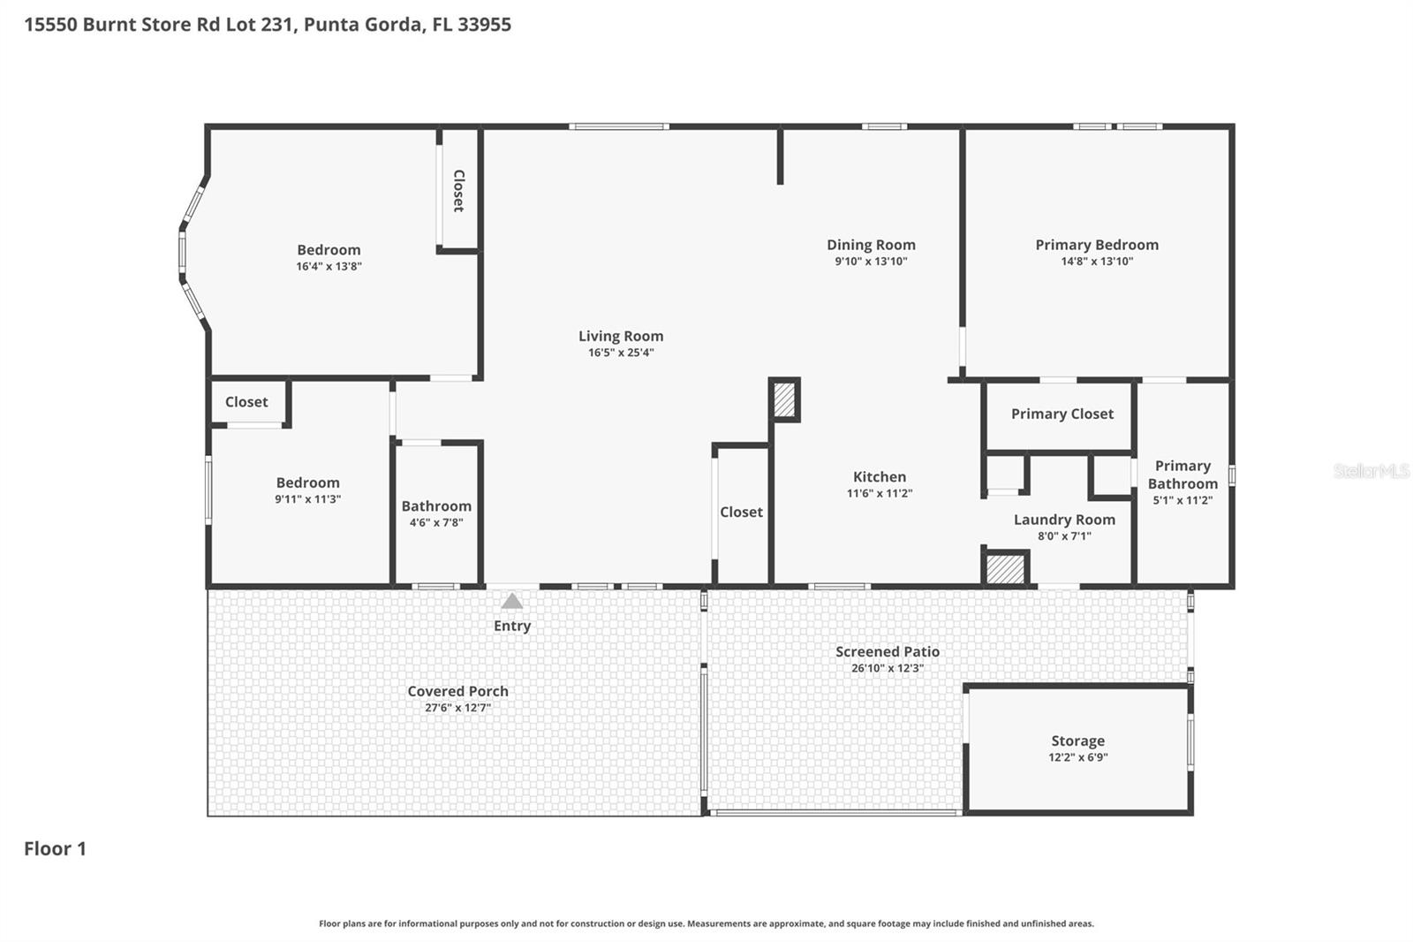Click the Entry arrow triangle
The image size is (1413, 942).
pyautogui.click(x=512, y=602)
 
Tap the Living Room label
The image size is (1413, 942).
pyautogui.click(x=621, y=336)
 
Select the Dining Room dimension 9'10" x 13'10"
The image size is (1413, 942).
pyautogui.click(x=871, y=262)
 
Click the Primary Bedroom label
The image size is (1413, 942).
pyautogui.click(x=1097, y=245)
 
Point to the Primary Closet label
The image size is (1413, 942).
pyautogui.click(x=1062, y=414)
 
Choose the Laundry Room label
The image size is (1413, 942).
pyautogui.click(x=1064, y=520)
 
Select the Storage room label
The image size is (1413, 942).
pyautogui.click(x=1077, y=741)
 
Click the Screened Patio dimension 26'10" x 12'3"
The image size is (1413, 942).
pyautogui.click(x=888, y=668)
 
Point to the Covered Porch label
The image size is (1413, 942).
pyautogui.click(x=457, y=691)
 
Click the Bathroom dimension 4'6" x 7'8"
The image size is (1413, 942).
pyautogui.click(x=436, y=522)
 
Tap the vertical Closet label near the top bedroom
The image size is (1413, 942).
pyautogui.click(x=458, y=191)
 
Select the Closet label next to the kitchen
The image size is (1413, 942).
pyautogui.click(x=741, y=512)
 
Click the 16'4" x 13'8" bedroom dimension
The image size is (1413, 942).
pyautogui.click(x=329, y=266)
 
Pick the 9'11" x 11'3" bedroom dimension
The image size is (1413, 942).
pyautogui.click(x=307, y=499)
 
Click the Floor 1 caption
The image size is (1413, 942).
pyautogui.click(x=55, y=848)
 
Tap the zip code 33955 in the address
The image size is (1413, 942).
pyautogui.click(x=484, y=24)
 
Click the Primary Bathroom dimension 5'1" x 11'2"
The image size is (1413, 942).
pyautogui.click(x=1183, y=500)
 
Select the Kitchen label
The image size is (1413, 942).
pyautogui.click(x=879, y=476)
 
